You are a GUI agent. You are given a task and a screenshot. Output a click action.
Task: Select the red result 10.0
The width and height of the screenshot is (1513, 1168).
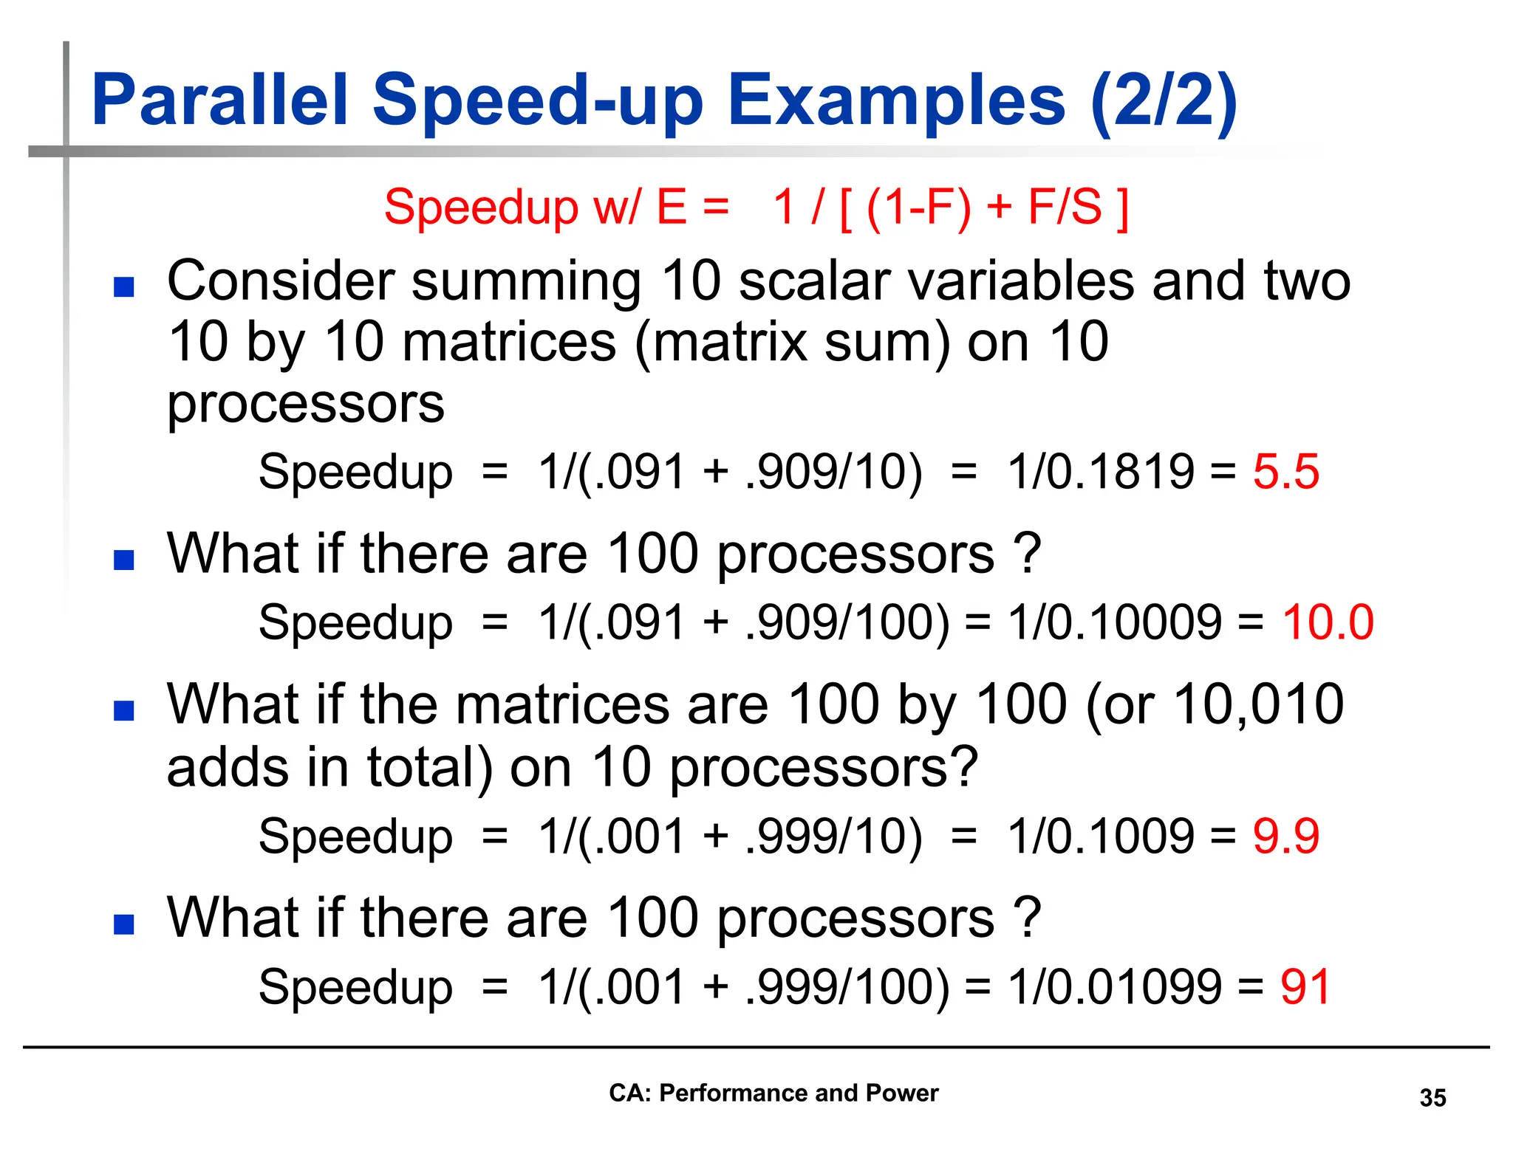(1327, 622)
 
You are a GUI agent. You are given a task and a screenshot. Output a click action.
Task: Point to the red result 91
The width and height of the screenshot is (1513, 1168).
(1305, 986)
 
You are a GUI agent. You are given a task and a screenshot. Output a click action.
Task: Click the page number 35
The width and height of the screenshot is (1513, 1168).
(1432, 1098)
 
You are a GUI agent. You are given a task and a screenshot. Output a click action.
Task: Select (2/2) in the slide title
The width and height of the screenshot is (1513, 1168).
(1164, 101)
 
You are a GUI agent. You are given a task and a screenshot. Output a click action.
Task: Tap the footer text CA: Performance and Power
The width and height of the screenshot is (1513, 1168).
(773, 1093)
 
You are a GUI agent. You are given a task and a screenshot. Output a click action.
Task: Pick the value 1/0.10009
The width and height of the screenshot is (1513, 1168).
(1115, 622)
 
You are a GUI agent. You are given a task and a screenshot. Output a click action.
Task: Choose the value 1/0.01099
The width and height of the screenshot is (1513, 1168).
(1115, 986)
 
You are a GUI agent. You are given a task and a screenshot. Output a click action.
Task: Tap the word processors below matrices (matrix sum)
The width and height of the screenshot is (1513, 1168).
(306, 404)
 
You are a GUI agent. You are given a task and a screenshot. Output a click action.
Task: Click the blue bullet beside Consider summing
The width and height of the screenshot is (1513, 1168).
(124, 286)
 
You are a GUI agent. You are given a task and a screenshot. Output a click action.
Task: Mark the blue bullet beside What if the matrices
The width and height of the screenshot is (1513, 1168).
(124, 710)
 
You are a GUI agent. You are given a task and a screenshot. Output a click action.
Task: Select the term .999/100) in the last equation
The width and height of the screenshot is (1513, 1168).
(847, 986)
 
